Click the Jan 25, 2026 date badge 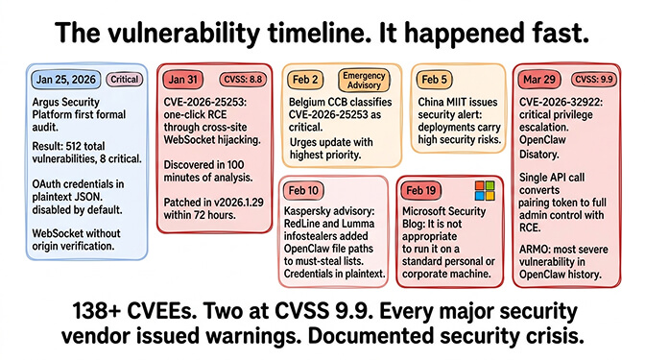tap(66, 80)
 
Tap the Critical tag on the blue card tap(125, 80)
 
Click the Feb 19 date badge tap(429, 191)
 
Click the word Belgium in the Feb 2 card tap(311, 101)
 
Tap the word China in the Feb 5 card tap(436, 101)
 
